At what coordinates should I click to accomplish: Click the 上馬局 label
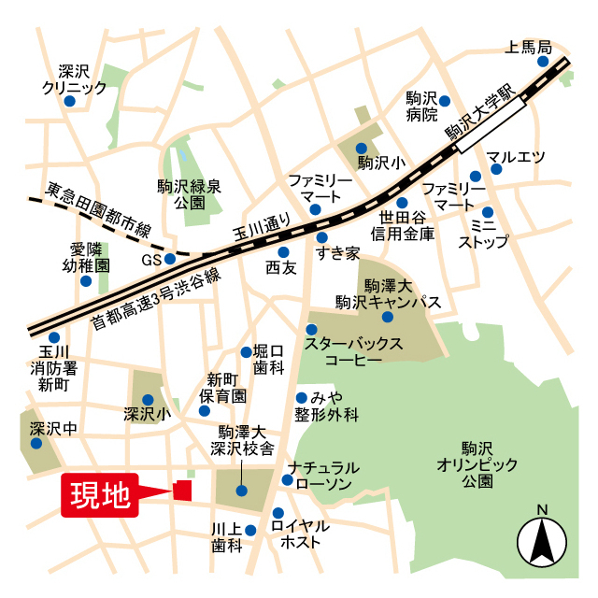tap(529, 46)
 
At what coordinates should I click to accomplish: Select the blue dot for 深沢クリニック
tap(71, 103)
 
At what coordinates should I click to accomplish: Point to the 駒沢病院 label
tap(422, 107)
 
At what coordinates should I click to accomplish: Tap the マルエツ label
tap(516, 156)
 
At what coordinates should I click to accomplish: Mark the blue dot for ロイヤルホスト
tap(278, 512)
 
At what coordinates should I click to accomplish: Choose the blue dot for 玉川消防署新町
tap(54, 337)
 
